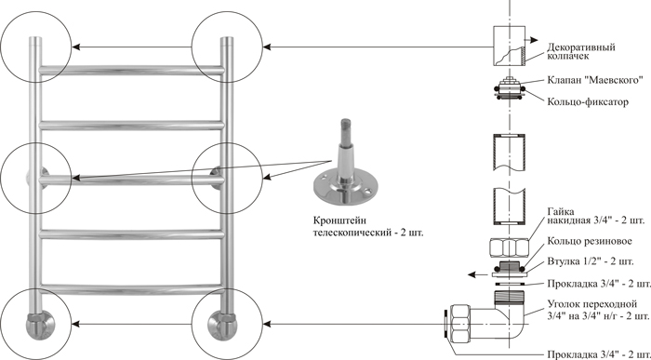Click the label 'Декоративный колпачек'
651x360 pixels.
[x=581, y=51]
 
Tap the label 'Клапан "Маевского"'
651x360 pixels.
[x=595, y=80]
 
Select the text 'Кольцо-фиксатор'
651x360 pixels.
[x=588, y=101]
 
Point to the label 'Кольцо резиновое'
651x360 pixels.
[x=590, y=241]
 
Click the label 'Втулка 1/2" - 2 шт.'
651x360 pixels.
[x=591, y=261]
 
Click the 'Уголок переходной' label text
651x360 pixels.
[x=592, y=306]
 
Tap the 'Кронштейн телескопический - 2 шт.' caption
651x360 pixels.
[x=368, y=226]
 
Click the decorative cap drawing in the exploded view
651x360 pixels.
[x=510, y=46]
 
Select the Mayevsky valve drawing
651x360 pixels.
[x=510, y=88]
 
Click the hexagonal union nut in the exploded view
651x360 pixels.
[x=509, y=248]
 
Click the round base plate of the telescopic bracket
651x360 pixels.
[x=347, y=186]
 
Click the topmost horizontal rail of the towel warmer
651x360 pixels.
[x=131, y=70]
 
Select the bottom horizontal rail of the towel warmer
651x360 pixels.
[x=131, y=289]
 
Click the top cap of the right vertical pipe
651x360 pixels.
[x=227, y=40]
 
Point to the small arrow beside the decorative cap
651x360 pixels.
[x=532, y=40]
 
